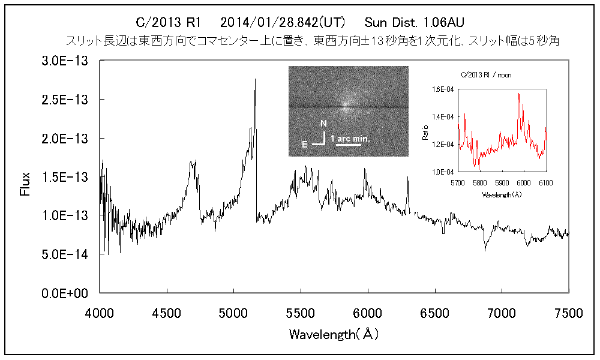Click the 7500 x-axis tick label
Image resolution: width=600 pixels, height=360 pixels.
tap(569, 313)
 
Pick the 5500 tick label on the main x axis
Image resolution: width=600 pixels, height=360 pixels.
tap(301, 313)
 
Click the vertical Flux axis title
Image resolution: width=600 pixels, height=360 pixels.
tap(25, 183)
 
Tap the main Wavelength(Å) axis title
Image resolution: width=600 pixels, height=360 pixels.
tap(334, 334)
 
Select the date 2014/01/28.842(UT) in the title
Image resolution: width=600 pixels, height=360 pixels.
tap(283, 23)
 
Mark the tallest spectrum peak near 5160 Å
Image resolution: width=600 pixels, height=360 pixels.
tap(255, 79)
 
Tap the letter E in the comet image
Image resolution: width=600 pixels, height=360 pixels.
tap(305, 144)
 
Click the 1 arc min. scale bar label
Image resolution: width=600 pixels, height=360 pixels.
tap(350, 138)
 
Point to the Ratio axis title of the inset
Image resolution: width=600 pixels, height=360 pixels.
tap(425, 131)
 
